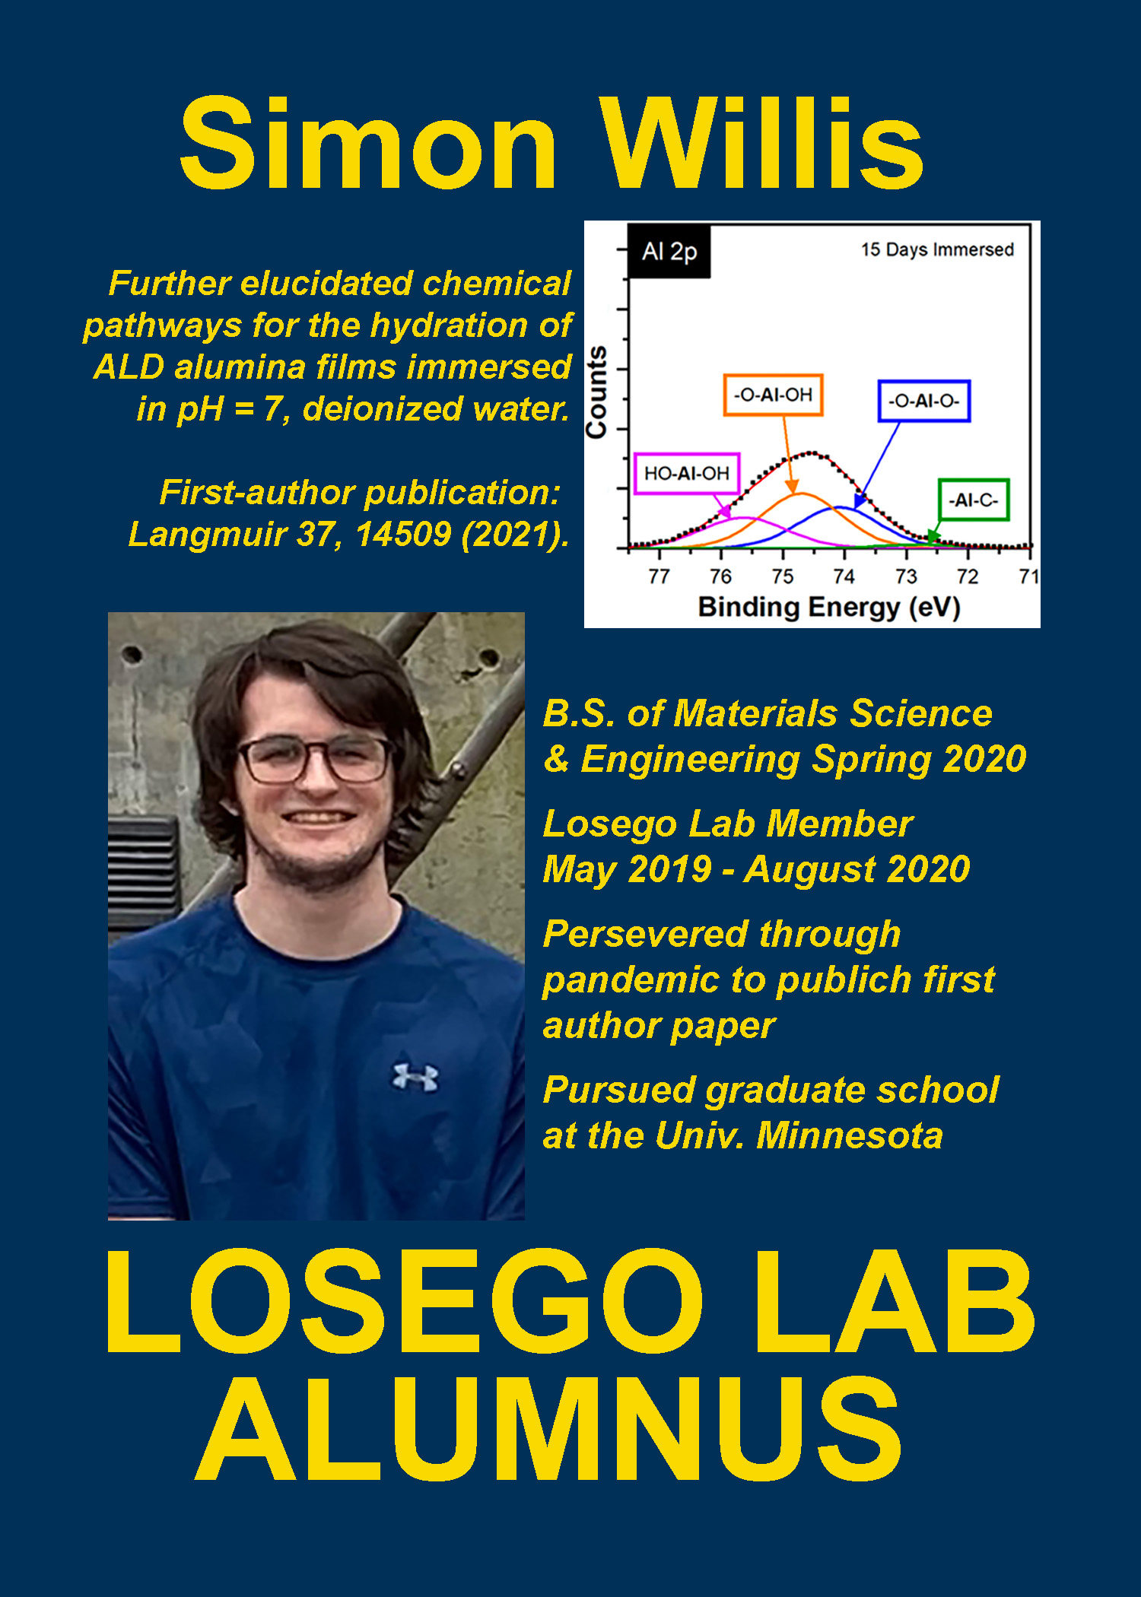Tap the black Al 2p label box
(x=669, y=251)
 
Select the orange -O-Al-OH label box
(x=773, y=395)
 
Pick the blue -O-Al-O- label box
(x=924, y=401)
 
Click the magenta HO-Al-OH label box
(x=687, y=473)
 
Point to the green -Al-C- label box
(x=974, y=500)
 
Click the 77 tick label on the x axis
(x=659, y=576)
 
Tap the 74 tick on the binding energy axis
(x=844, y=576)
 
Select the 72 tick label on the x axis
(x=967, y=576)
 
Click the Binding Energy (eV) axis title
(x=829, y=608)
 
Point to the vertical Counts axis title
(x=596, y=392)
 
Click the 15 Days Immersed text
(x=937, y=249)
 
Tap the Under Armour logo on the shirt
(x=415, y=1078)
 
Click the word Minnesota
(x=850, y=1135)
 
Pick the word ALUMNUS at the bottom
(x=549, y=1429)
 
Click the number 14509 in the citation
(x=403, y=534)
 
